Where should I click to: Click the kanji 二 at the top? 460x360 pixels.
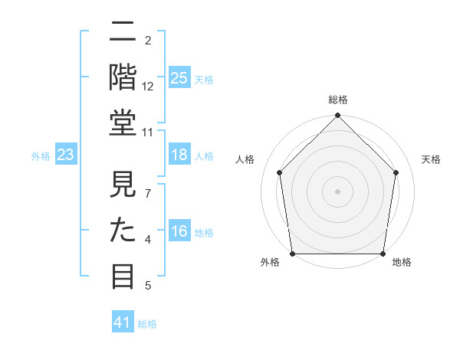coord(123,32)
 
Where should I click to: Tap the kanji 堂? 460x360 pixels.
coord(123,123)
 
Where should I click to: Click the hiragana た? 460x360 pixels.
coord(123,230)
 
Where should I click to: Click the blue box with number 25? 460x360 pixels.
coord(179,77)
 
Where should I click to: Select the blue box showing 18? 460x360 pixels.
coord(179,155)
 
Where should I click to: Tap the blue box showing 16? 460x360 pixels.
coord(179,231)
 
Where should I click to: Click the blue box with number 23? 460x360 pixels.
coord(66,155)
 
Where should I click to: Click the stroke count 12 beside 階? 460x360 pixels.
coord(148,87)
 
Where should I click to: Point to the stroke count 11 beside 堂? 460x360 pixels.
coord(148,133)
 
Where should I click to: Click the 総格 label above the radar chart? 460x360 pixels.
coord(337,100)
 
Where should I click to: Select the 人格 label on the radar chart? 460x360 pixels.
coord(245,160)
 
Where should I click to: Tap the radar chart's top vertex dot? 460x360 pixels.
coord(337,116)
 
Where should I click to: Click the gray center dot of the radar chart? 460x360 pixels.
coord(337,191)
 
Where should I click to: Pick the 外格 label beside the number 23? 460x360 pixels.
coord(41,156)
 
